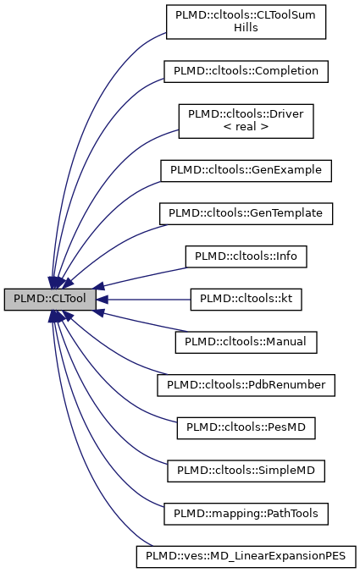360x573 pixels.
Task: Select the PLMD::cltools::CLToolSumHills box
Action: pos(246,20)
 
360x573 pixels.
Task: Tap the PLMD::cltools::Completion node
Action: pos(246,71)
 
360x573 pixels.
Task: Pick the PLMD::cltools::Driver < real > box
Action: pos(246,121)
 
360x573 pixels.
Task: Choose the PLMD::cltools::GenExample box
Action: pos(246,169)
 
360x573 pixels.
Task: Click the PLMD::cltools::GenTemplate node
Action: pos(246,212)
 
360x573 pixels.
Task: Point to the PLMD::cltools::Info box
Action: pos(246,255)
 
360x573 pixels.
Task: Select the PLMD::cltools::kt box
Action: pos(246,299)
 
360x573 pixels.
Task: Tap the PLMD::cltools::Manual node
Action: pos(246,342)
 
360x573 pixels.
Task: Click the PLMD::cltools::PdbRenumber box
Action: pos(246,385)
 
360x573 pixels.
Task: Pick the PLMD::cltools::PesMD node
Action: pos(246,428)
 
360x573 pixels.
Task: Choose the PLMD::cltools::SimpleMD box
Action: pos(246,469)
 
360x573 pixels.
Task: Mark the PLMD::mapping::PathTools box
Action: pos(246,512)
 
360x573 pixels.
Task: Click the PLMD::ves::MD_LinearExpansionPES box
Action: pos(246,556)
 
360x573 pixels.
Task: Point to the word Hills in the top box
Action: pos(246,27)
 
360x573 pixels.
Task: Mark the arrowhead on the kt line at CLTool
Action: pos(101,299)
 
